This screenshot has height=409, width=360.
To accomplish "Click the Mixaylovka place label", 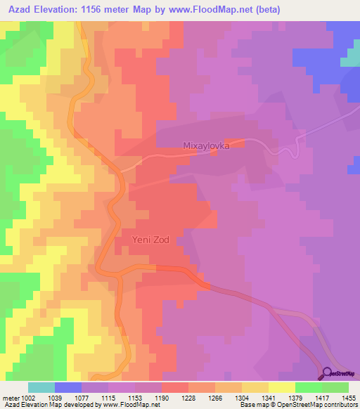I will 207,146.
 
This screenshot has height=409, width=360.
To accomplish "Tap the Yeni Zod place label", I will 150,240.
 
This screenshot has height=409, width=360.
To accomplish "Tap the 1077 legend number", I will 81,397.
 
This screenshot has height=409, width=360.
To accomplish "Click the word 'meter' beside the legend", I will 10,397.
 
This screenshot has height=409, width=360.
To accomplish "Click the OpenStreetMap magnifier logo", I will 328,373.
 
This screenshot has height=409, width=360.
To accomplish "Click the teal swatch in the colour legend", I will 41,387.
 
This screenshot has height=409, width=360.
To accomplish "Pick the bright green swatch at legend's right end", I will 335,387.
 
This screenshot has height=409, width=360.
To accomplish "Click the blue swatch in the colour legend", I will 68,387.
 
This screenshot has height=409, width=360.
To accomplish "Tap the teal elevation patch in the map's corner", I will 350,59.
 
